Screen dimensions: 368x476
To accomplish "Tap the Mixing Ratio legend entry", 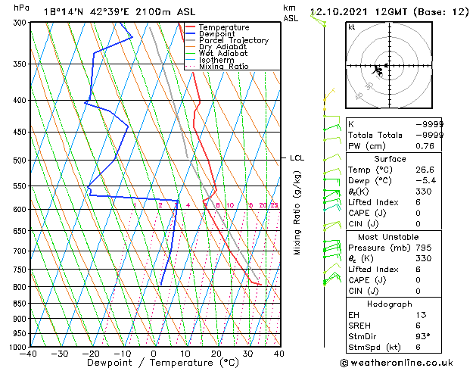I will [224, 67].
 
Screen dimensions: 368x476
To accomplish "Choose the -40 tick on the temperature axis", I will [29, 353].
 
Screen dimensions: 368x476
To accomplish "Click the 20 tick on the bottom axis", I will [216, 353].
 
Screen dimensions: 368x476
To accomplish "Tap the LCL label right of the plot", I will [297, 157].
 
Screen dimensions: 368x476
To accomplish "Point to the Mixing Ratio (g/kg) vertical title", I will [298, 213].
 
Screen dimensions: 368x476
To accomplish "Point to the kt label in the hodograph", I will [352, 27].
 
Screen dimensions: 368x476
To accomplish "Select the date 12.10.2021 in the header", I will [340, 11].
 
